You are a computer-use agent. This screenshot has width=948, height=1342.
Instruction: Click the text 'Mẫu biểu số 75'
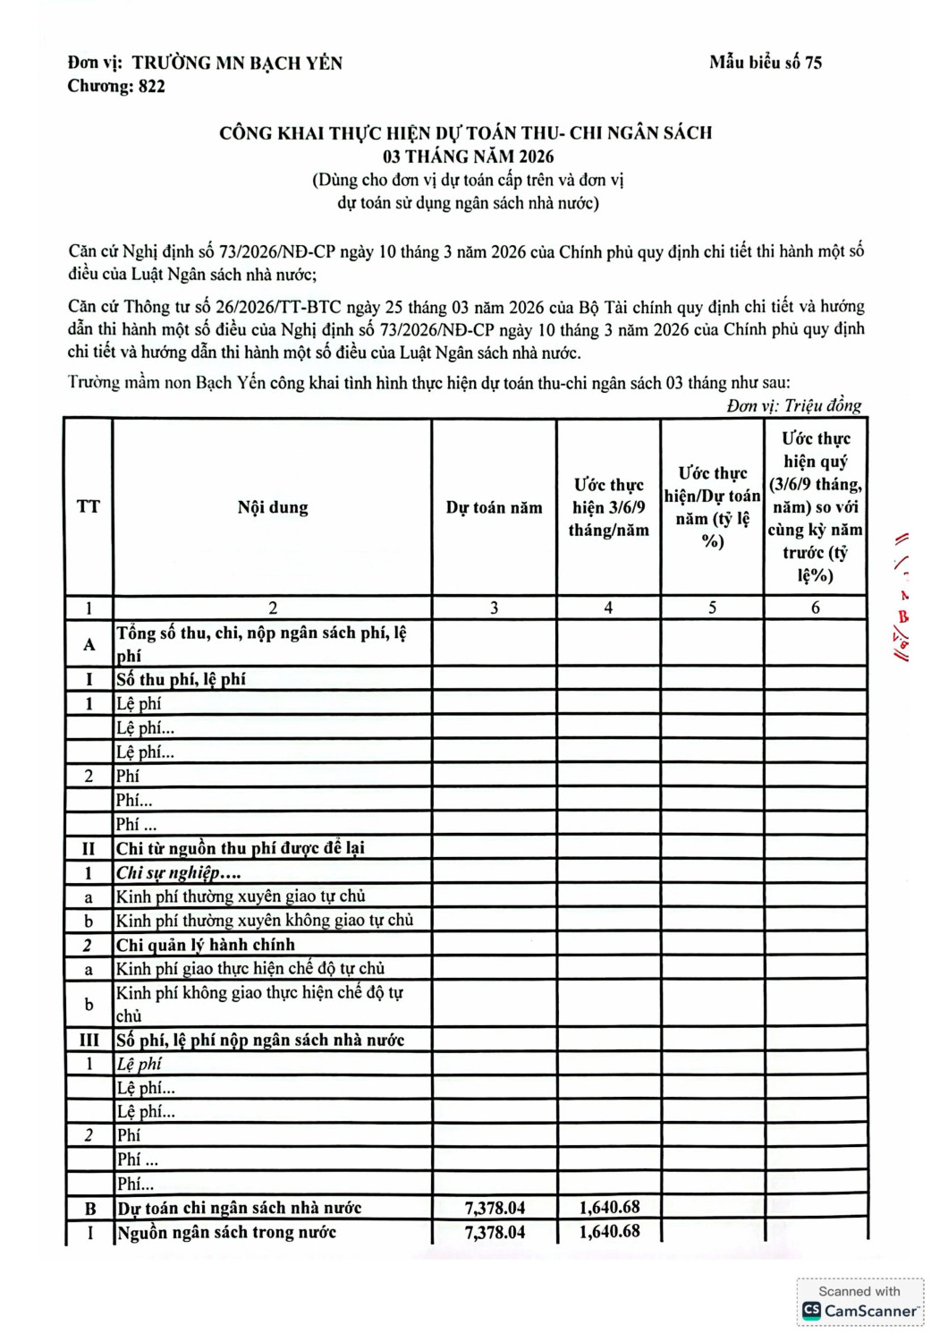[x=765, y=63]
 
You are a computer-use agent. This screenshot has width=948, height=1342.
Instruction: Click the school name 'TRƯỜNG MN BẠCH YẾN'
[x=237, y=63]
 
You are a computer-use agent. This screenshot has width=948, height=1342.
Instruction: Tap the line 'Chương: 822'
[x=116, y=87]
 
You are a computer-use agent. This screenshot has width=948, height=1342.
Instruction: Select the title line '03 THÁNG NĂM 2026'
[x=468, y=157]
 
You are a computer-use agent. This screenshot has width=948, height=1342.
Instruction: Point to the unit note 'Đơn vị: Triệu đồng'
[x=793, y=406]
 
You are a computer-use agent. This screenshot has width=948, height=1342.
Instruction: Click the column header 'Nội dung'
[x=273, y=507]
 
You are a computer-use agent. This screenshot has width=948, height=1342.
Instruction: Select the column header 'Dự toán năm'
[x=494, y=507]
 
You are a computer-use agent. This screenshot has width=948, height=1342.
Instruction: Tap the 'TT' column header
[x=89, y=507]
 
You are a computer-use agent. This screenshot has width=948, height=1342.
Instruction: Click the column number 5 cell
[x=712, y=607]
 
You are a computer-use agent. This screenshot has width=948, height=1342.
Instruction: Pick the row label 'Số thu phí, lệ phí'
[x=182, y=679]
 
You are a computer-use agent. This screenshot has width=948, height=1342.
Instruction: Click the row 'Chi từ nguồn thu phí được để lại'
[x=241, y=848]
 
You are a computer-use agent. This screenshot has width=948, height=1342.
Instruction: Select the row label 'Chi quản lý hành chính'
[x=206, y=945]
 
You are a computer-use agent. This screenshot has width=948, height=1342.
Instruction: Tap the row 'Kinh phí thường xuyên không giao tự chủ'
[x=265, y=921]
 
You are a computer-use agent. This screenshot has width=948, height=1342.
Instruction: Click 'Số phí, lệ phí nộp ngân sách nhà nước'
[x=260, y=1040]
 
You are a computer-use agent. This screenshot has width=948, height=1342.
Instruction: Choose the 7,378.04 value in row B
[x=495, y=1208]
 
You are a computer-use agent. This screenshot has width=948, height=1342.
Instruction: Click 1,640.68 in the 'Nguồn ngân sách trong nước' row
[x=609, y=1232]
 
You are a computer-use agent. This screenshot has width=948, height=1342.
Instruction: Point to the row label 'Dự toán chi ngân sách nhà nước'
[x=239, y=1208]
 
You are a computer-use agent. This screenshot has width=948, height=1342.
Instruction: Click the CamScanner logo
[x=859, y=1311]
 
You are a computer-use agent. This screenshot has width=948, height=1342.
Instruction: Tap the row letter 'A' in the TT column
[x=89, y=644]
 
